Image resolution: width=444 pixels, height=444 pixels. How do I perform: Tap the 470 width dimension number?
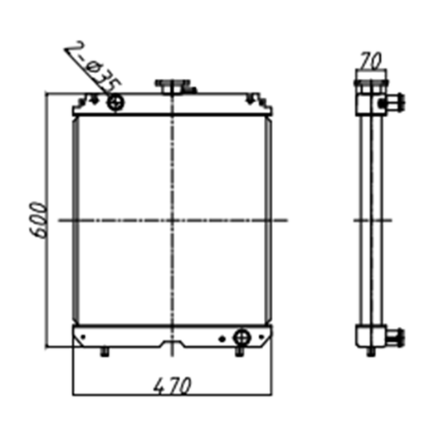tap(172, 385)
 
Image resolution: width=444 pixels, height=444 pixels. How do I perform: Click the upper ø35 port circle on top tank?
tap(115, 102)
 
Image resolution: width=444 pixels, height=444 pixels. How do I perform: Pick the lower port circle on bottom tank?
tap(242, 338)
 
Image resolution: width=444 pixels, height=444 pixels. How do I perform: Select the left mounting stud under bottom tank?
tap(105, 354)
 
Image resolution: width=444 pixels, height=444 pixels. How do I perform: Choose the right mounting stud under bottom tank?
tap(242, 354)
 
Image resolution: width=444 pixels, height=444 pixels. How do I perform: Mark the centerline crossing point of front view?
tap(172, 220)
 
